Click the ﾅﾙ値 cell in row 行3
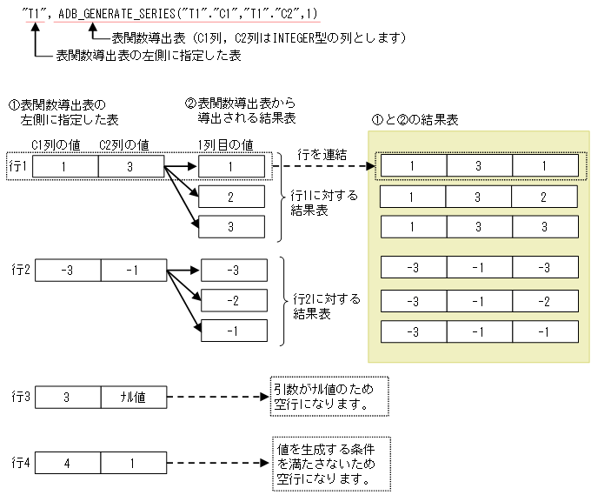point(132,397)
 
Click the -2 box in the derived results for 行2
point(232,300)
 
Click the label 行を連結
point(322,154)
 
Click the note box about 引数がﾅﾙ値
point(329,397)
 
